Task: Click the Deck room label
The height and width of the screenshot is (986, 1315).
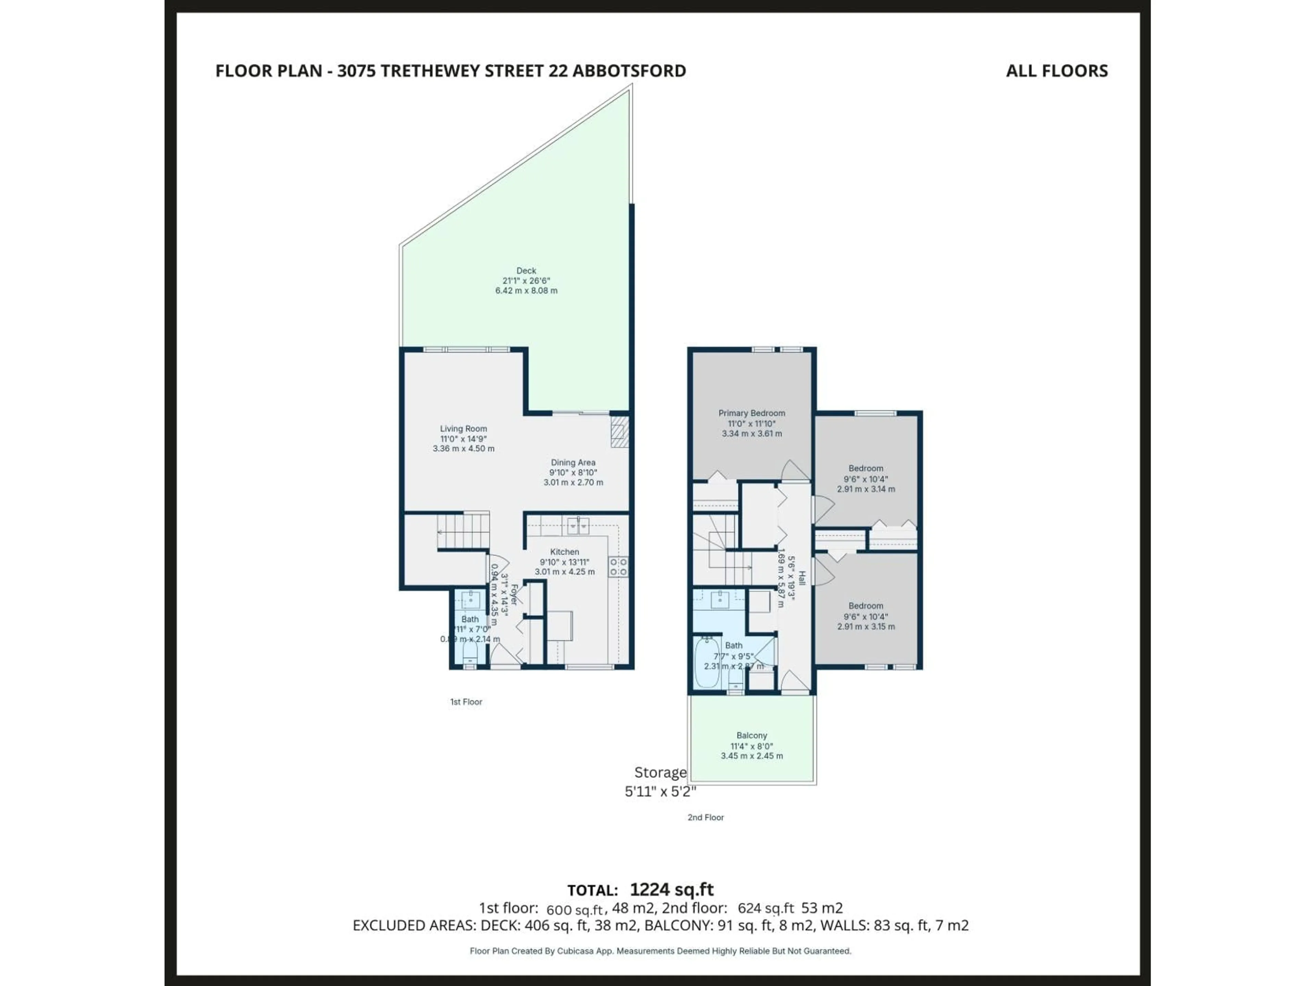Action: (526, 270)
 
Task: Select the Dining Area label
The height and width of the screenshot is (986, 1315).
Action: (573, 463)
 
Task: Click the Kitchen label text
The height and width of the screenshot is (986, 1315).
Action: (564, 552)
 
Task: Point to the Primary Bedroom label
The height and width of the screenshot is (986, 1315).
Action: (751, 413)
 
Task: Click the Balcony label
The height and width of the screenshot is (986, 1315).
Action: (751, 735)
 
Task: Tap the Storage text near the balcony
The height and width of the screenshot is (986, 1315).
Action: (660, 773)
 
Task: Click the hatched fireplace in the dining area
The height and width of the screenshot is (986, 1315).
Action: (619, 431)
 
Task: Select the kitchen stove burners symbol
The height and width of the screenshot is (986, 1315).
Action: (618, 566)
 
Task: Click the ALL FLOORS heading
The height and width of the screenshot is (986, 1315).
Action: (1056, 71)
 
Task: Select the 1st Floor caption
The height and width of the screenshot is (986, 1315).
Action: (466, 702)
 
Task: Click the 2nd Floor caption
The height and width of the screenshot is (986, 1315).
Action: (706, 817)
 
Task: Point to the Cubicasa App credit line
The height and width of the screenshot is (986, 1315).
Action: (660, 951)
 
